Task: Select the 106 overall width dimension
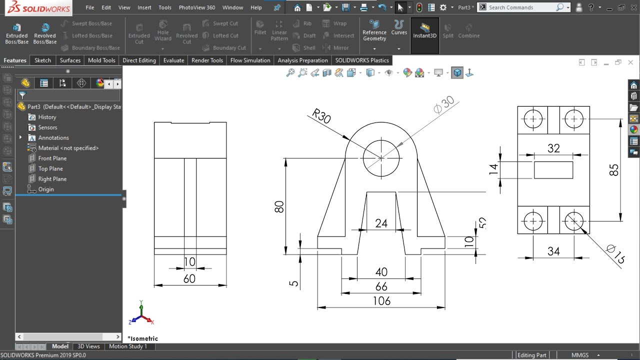tap(381, 301)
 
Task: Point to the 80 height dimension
tap(279, 206)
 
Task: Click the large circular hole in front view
tap(381, 158)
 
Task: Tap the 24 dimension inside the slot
tap(381, 223)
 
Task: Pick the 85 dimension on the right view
tap(614, 170)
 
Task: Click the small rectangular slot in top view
tap(553, 170)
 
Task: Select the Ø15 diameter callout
tap(614, 253)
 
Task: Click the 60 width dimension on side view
tap(189, 279)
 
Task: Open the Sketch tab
tap(42, 60)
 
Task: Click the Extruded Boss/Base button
tap(16, 33)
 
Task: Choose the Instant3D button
tap(424, 31)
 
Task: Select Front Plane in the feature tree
tap(52, 158)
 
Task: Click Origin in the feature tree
tap(45, 189)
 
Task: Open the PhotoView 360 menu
tap(196, 7)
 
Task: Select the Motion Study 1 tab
tap(128, 346)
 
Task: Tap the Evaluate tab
tap(173, 60)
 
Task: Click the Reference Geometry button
tap(374, 31)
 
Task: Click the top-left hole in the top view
tap(533, 119)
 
